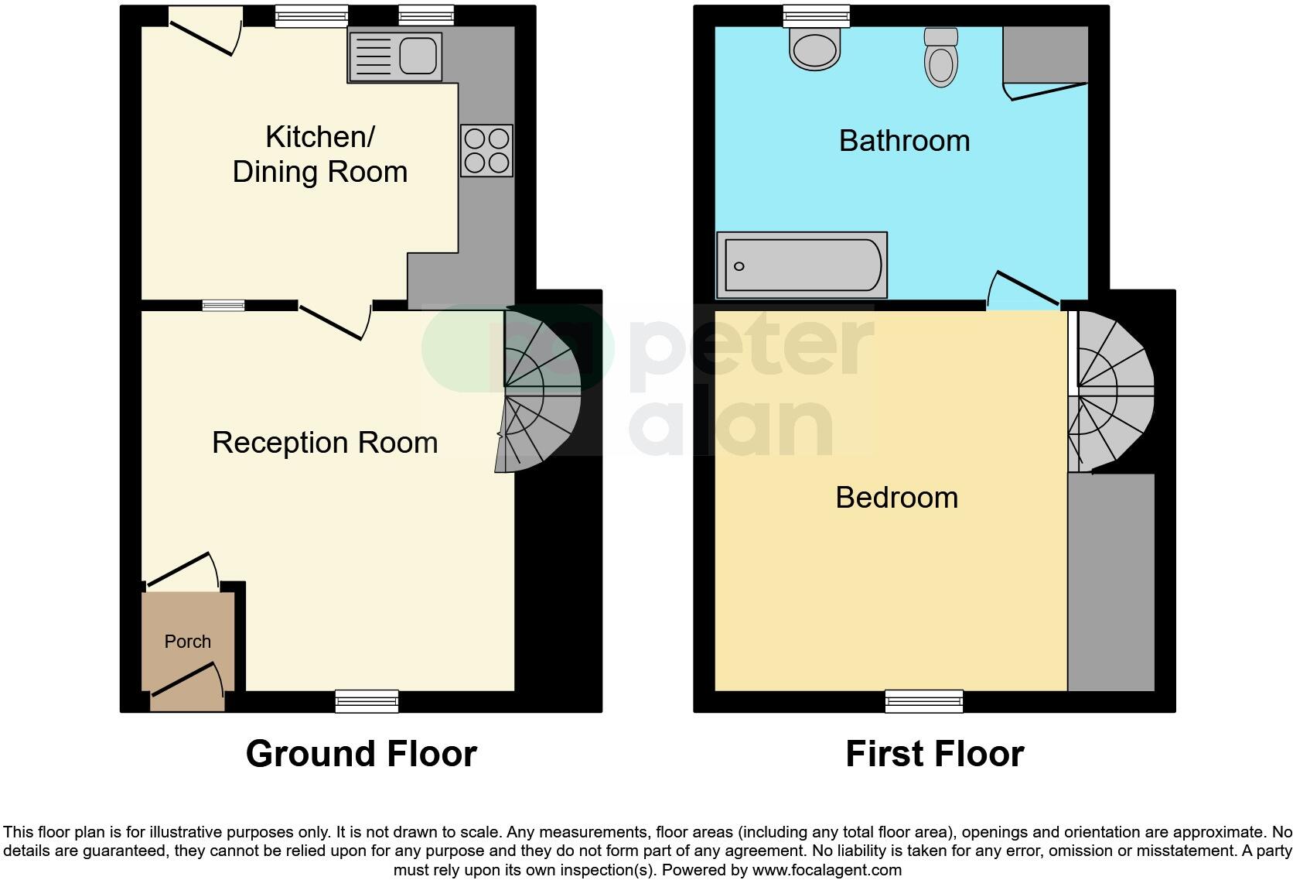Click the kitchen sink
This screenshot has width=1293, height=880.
click(395, 56)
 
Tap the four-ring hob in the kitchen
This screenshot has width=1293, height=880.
click(486, 151)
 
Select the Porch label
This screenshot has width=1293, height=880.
click(188, 642)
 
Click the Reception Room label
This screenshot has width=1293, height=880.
click(325, 443)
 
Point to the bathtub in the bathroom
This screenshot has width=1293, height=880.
click(802, 265)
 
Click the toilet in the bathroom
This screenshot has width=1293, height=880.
click(940, 57)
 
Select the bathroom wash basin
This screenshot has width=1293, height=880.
click(814, 48)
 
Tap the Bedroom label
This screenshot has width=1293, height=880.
click(896, 497)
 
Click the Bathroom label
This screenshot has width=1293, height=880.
click(904, 141)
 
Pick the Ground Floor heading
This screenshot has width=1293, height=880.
click(361, 754)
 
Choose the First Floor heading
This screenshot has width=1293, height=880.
click(934, 754)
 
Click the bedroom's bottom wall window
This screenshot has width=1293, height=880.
click(924, 701)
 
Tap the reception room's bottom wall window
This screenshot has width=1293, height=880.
click(367, 701)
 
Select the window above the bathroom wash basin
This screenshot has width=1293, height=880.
click(816, 15)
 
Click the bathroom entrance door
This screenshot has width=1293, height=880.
click(1022, 290)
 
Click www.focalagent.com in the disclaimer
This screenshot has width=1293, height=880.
click(826, 870)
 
